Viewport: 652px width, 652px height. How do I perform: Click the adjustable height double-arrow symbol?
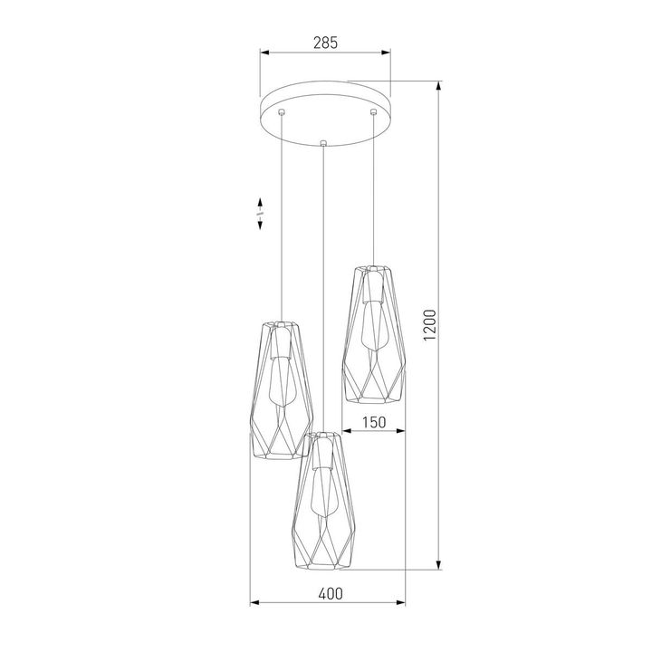point(260,214)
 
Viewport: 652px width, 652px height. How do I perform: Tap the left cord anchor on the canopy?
point(282,112)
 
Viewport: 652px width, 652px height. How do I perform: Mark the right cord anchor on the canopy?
point(372,112)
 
